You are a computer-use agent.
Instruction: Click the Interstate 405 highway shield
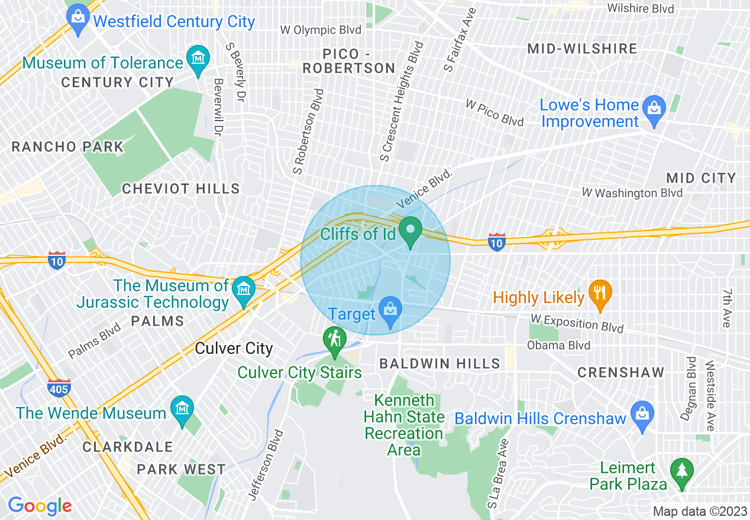tap(59, 387)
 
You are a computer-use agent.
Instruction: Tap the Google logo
tap(40, 506)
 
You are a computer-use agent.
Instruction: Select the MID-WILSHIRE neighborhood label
tap(582, 48)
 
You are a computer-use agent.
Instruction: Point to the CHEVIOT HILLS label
tap(181, 189)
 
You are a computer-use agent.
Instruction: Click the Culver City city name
tap(234, 348)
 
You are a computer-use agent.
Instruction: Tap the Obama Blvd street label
tap(558, 345)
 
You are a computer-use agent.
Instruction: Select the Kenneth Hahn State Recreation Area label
tap(404, 425)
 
